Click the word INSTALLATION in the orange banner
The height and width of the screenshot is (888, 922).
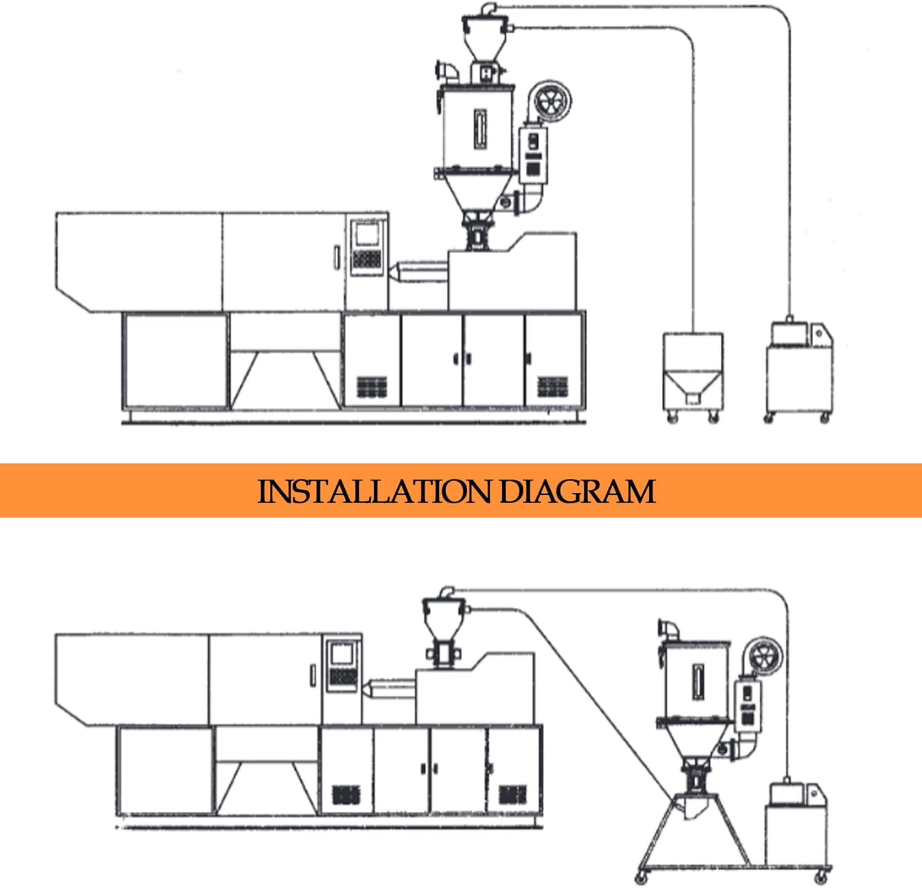pos(374,492)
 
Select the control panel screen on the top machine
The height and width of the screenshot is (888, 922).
pos(366,234)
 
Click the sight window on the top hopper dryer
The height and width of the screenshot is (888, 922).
pos(480,129)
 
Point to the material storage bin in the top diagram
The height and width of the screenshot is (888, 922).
pos(693,372)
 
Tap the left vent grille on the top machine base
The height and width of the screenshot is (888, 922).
pos(372,387)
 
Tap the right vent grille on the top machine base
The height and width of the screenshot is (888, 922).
pos(552,387)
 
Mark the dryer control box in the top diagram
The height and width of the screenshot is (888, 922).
pos(532,154)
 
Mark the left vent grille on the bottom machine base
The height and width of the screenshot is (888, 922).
pos(346,795)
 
